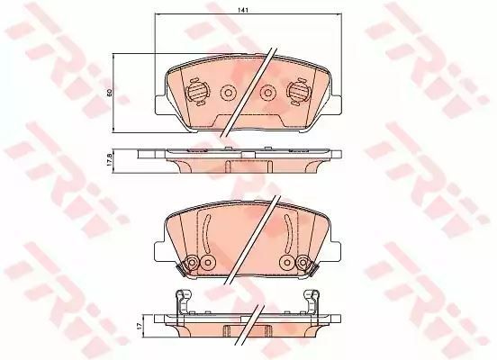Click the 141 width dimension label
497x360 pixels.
coord(243,10)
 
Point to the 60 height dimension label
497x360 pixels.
coord(109,93)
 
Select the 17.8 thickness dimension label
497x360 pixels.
coord(109,161)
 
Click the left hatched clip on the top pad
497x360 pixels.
coord(197,92)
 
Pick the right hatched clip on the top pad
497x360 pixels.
coord(298,92)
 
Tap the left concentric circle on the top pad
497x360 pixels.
coord(228,93)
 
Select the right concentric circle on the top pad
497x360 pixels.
coord(267,93)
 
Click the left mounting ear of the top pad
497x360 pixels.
coord(160,104)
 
